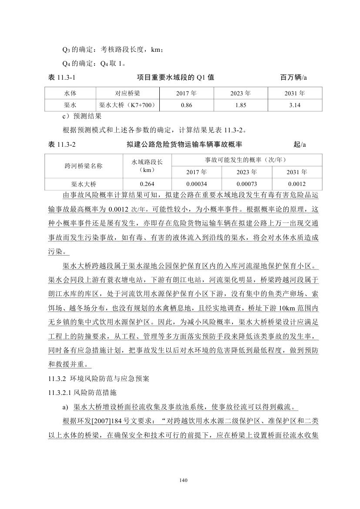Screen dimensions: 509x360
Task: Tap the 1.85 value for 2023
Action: click(x=241, y=105)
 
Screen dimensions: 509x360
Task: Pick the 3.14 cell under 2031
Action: click(x=295, y=105)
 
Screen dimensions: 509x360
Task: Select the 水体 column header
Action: click(x=70, y=93)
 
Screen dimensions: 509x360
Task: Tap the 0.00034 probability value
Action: click(x=196, y=184)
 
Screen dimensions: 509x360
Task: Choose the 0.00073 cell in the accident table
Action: click(x=246, y=184)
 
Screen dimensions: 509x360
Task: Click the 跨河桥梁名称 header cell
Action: click(x=84, y=165)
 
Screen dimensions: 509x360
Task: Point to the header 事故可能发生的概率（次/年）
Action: click(x=246, y=159)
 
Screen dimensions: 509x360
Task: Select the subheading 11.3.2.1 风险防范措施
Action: click(x=82, y=393)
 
